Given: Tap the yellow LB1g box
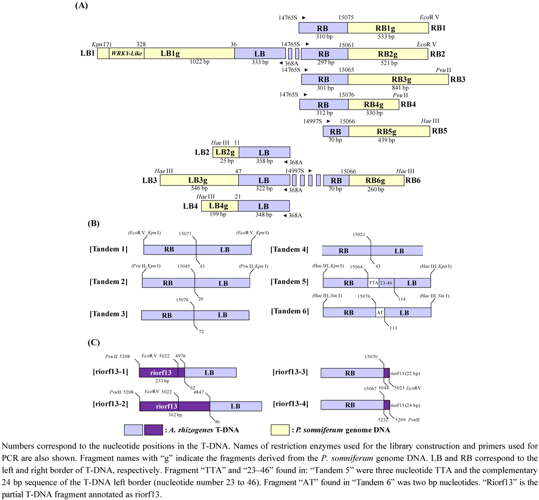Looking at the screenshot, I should tap(189, 54).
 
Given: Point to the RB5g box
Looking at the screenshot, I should tap(389, 131).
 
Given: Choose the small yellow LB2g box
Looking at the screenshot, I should tap(226, 153).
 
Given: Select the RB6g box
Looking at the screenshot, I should tap(376, 180).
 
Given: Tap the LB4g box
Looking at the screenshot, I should tap(220, 206).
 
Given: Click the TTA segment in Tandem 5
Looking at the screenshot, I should tap(373, 282).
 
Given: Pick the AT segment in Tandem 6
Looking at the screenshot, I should tap(380, 312).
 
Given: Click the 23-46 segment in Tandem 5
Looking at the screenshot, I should tap(386, 282).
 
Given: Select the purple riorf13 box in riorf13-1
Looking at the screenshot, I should tap(162, 372).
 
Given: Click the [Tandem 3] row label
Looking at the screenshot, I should tap(108, 314).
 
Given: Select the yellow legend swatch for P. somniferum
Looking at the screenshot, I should tap(280, 430).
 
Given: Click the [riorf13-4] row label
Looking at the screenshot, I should tap(293, 405).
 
